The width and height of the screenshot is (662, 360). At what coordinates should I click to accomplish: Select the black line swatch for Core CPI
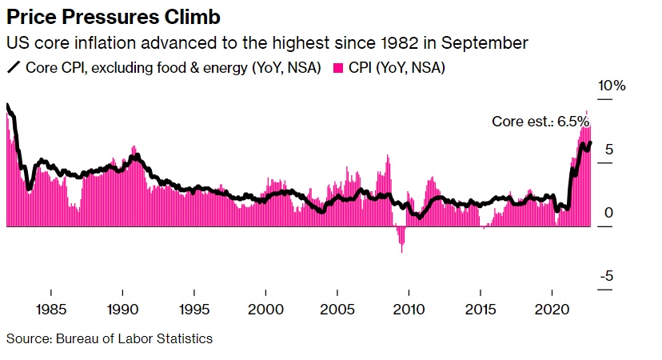14,68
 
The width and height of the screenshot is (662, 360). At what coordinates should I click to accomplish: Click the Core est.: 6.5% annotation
540,122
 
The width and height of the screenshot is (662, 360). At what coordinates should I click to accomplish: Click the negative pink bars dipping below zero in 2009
401,238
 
